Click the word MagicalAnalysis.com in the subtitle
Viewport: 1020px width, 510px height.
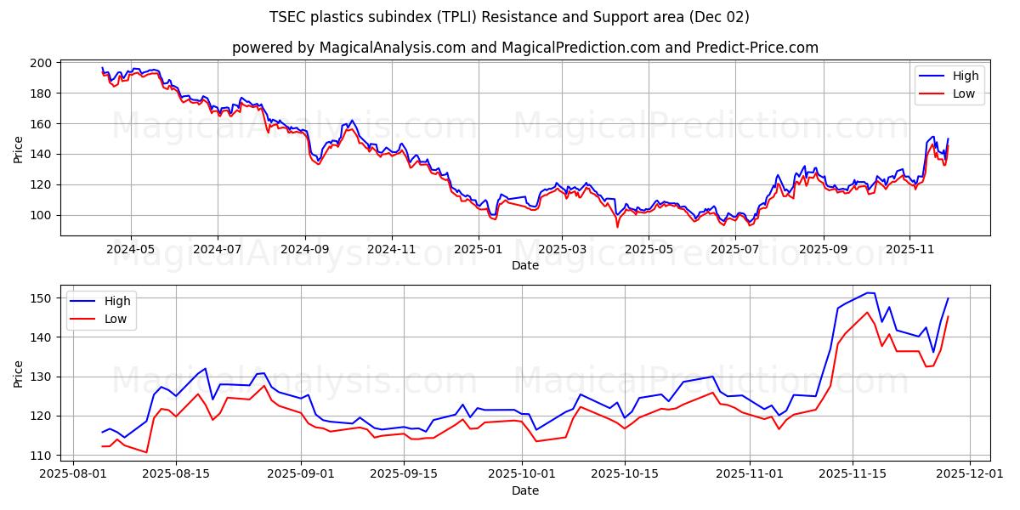378,48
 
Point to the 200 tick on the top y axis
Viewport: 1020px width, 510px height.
42,63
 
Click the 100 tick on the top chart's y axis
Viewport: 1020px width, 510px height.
42,215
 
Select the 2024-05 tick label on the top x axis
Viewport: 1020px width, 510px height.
131,250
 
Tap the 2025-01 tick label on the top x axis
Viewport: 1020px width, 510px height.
479,250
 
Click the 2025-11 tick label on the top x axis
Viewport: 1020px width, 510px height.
909,250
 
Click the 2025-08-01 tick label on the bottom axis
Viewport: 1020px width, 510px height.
75,474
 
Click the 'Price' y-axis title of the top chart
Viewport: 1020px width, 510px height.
19,149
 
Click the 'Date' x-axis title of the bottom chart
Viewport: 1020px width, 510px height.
524,490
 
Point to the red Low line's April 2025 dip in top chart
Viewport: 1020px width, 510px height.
617,226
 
